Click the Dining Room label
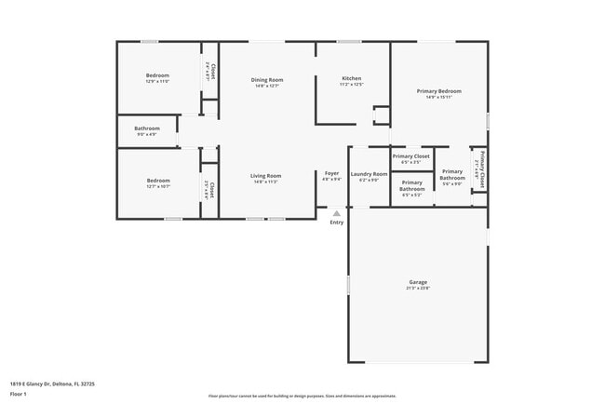[x=267, y=80]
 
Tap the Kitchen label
[x=351, y=78]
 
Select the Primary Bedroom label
[x=438, y=91]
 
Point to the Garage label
[x=418, y=282]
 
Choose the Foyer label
[x=331, y=173]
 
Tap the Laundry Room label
[x=369, y=174]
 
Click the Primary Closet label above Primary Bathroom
[x=410, y=156]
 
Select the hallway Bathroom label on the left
[x=147, y=128]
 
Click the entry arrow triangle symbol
[x=337, y=213]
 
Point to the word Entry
[x=337, y=222]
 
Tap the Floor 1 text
[x=20, y=393]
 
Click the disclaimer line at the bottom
[x=302, y=396]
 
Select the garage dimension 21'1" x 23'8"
[x=418, y=289]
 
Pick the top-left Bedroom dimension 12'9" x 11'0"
[x=157, y=81]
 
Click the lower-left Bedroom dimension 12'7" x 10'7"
[x=157, y=187]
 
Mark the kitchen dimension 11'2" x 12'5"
[x=351, y=85]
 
